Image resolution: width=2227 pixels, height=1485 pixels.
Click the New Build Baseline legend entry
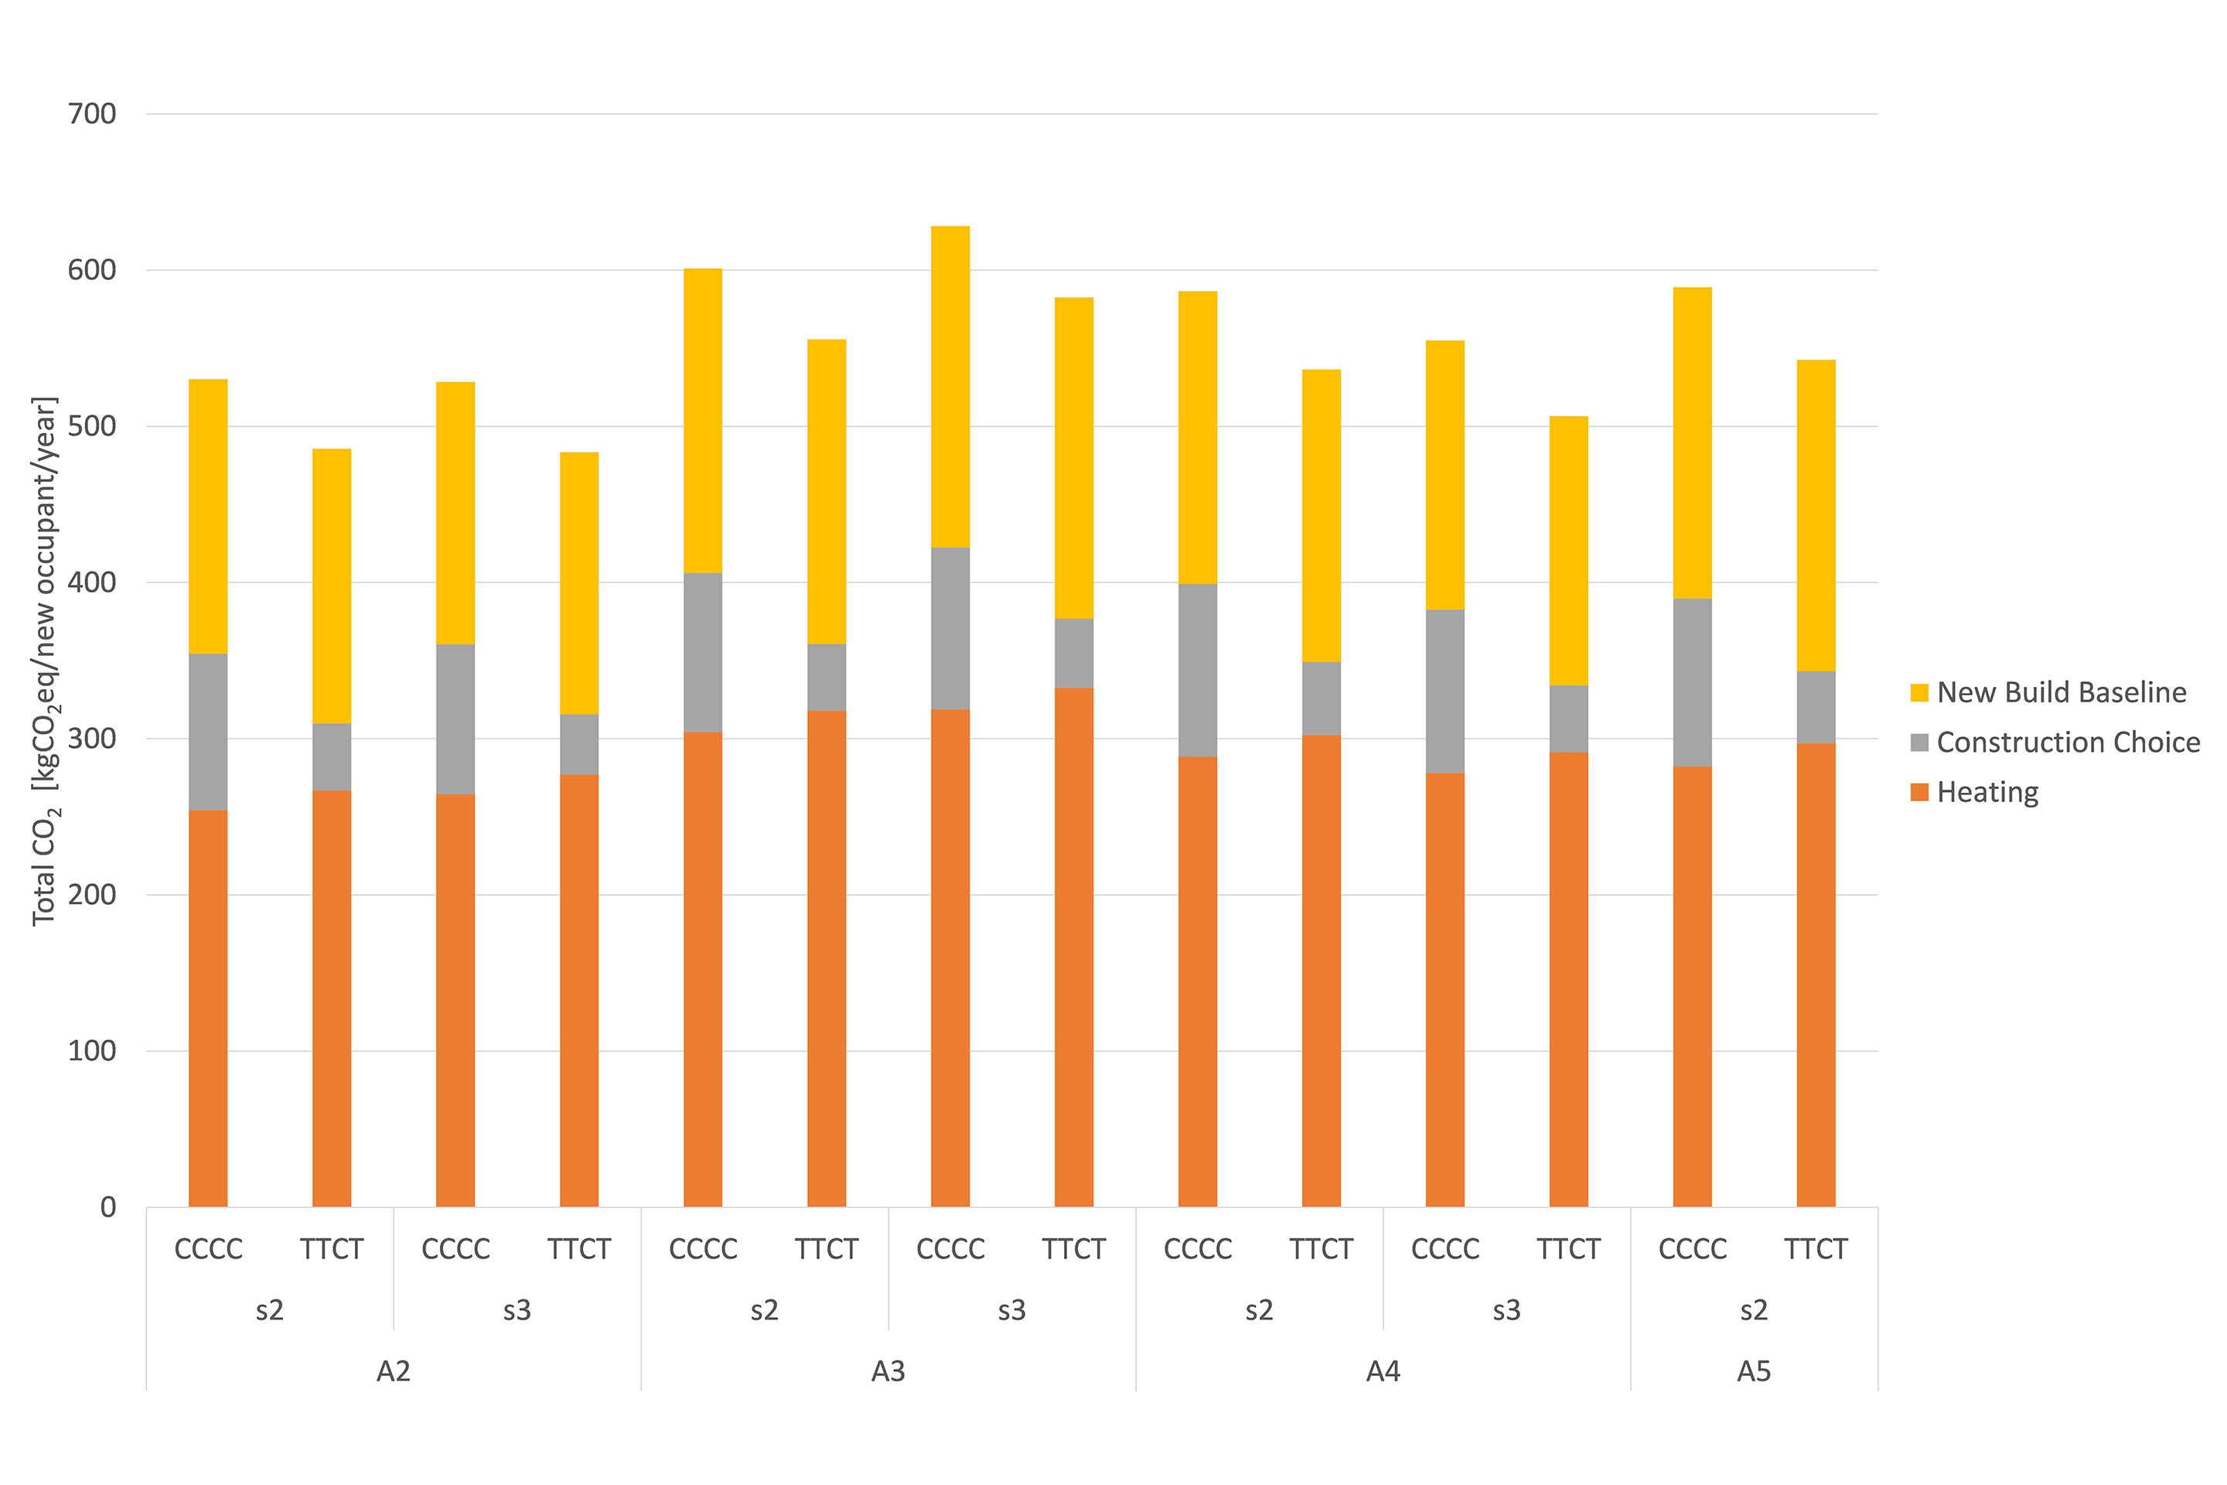pyautogui.click(x=2060, y=692)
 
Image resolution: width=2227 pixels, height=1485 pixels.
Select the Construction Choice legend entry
pyautogui.click(x=2068, y=742)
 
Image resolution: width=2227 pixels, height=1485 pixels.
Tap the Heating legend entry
pyautogui.click(x=1987, y=792)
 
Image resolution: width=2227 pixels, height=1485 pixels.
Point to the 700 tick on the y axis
pyautogui.click(x=92, y=114)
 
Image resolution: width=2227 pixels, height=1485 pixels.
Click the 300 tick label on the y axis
pyautogui.click(x=92, y=739)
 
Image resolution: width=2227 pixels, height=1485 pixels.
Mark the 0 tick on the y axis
pyautogui.click(x=108, y=1207)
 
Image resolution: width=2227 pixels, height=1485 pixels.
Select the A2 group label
pyautogui.click(x=393, y=1371)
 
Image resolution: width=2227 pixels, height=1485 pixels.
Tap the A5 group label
pyautogui.click(x=1754, y=1371)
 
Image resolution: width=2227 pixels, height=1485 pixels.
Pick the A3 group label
pyautogui.click(x=888, y=1371)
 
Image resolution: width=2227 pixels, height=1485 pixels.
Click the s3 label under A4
pyautogui.click(x=1506, y=1311)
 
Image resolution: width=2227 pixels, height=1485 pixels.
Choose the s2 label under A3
pyautogui.click(x=764, y=1311)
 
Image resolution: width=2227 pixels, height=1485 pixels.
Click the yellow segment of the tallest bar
pyautogui.click(x=950, y=387)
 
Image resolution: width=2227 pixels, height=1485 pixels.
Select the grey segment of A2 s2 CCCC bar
pyautogui.click(x=208, y=732)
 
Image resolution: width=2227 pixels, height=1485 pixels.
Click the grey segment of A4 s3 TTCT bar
pyautogui.click(x=1568, y=719)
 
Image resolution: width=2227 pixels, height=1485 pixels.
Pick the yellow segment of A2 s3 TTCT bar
pyautogui.click(x=578, y=583)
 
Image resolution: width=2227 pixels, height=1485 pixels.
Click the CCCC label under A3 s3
pyautogui.click(x=950, y=1250)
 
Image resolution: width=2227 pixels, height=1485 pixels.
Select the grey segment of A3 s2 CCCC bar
pyautogui.click(x=703, y=653)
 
